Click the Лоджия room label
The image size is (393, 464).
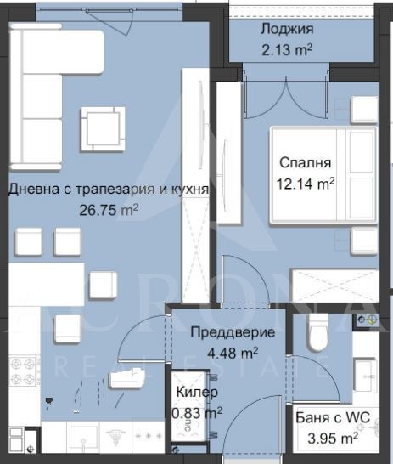click(x=286, y=27)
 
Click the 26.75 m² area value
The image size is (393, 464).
click(x=108, y=209)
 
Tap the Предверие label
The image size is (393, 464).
click(x=232, y=332)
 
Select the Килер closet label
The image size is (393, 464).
click(x=197, y=393)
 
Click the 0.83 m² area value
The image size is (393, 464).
click(x=196, y=412)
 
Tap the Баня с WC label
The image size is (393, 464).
click(x=327, y=418)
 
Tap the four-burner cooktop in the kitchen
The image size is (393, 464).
click(x=24, y=371)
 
